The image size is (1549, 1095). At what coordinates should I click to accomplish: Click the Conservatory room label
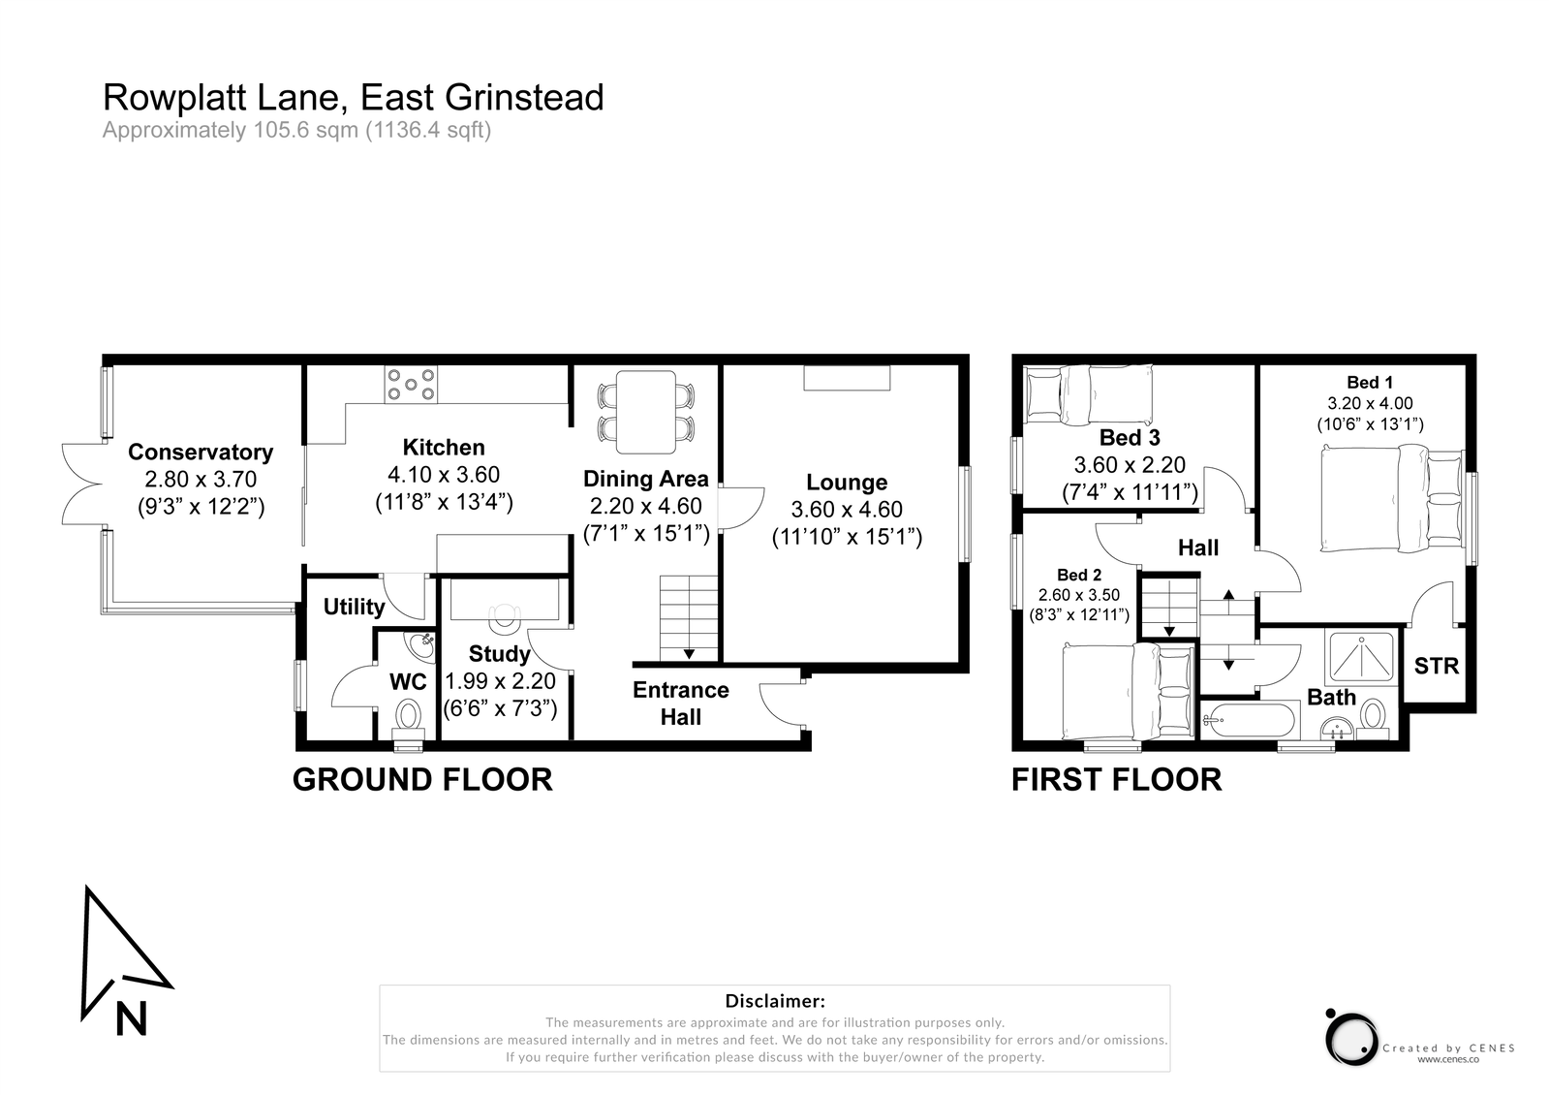(x=201, y=452)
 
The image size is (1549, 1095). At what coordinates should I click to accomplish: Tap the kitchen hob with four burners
(x=411, y=385)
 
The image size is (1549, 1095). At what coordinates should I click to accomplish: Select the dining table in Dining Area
(x=646, y=411)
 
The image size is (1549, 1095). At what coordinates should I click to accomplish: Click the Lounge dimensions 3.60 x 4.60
(x=847, y=510)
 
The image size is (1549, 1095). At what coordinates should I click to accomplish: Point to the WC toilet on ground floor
(x=408, y=718)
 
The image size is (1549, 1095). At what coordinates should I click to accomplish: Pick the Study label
(x=499, y=653)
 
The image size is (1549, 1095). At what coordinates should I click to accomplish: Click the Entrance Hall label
(x=680, y=704)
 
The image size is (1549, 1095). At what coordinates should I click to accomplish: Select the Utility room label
(x=354, y=607)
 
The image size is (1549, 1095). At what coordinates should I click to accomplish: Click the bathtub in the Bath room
(x=1248, y=720)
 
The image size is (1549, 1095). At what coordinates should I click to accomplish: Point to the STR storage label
(x=1436, y=666)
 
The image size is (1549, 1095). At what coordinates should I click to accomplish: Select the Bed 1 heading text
(x=1369, y=382)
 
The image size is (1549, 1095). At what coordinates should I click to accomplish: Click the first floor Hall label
(x=1197, y=547)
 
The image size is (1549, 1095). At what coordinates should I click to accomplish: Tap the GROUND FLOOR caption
(x=422, y=779)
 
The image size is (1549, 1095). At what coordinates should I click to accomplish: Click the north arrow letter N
(x=131, y=1018)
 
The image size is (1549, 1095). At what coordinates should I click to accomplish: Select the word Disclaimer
(x=774, y=1001)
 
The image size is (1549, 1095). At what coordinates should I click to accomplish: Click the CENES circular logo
(x=1351, y=1038)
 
